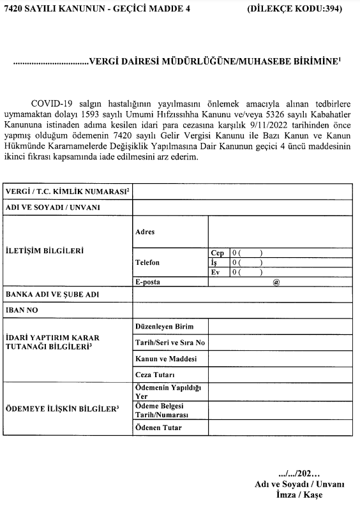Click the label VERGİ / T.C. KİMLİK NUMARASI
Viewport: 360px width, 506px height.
(67, 191)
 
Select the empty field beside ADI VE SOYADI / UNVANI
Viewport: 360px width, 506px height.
(241, 207)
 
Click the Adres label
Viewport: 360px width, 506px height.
(145, 232)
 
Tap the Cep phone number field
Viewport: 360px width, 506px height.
(289, 253)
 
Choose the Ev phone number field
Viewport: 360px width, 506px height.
(289, 272)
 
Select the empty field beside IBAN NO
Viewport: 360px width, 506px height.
(241, 311)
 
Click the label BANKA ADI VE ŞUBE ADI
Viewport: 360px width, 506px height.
(52, 295)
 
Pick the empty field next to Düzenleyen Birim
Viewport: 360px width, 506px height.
(279, 327)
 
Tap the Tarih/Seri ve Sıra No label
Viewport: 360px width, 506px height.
(170, 343)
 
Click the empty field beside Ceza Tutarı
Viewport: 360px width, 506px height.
(279, 375)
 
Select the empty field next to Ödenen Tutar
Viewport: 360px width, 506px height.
(279, 428)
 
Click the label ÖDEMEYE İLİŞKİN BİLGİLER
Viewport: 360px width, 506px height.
(63, 408)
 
